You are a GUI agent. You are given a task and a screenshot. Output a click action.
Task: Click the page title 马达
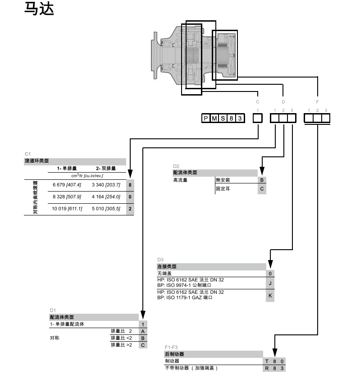point(39,9)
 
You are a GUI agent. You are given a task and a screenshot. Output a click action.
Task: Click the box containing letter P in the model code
point(206,118)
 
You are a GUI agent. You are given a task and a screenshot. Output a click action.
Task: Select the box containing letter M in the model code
point(214,118)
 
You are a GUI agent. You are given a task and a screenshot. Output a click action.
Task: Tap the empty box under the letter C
point(257,118)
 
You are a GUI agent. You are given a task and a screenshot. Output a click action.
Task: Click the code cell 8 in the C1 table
point(130,185)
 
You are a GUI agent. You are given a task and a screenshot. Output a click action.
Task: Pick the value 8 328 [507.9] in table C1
point(67,197)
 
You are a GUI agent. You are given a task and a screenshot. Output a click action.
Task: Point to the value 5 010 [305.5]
point(106,209)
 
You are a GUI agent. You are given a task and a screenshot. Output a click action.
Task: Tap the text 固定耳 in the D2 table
point(223,189)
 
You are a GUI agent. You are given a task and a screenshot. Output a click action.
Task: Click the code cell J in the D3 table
point(270,283)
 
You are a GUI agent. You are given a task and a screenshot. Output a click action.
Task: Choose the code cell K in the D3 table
point(270,295)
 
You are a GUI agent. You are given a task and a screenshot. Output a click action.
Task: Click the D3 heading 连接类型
point(166,266)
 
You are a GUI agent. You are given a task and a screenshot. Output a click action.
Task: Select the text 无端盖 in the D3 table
point(164,273)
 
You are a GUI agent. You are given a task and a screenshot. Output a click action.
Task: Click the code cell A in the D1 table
point(143,331)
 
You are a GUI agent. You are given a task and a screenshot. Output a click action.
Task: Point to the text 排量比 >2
point(122,345)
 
